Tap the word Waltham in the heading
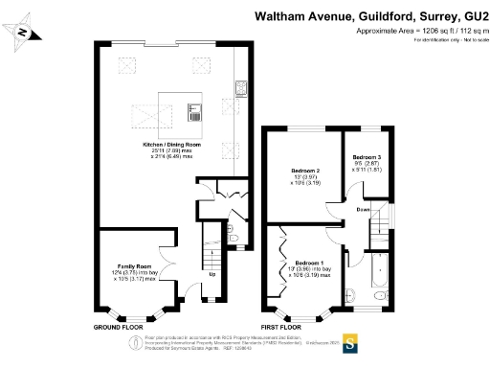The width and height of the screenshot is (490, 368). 278,15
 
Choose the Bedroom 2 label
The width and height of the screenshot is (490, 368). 304,172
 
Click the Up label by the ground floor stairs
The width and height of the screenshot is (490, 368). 212,275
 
